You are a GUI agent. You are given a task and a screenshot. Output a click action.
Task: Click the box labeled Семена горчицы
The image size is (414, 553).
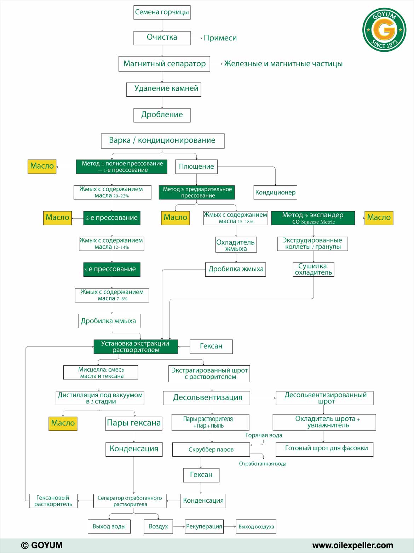pos(162,12)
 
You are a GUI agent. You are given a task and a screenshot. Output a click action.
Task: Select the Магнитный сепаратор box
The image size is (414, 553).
pos(164,64)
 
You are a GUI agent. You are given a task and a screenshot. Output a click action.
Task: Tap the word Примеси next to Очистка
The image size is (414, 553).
pos(220,38)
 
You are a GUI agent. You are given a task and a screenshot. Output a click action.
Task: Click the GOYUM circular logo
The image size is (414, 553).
pos(384,30)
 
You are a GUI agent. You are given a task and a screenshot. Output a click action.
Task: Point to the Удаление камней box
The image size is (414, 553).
pos(163,89)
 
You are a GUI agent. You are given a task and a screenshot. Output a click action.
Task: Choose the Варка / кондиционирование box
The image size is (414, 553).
pos(162,141)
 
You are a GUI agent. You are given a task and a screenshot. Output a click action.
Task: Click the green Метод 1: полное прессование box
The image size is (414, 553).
pos(121,167)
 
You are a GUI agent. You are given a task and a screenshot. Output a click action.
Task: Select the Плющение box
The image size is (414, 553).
pos(196,167)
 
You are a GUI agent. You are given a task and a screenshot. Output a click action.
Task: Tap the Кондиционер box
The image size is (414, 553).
pos(275,192)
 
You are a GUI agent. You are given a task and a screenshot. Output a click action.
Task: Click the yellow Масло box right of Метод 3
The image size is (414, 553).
pos(379,218)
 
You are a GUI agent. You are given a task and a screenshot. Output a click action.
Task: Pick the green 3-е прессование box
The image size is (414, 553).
pos(112,270)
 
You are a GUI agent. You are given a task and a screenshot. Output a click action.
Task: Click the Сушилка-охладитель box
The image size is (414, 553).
pos(314,270)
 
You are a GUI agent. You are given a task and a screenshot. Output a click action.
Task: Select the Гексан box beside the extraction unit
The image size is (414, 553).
pos(211,347)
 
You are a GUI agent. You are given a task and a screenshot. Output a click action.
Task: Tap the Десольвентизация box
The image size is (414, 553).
pos(207,398)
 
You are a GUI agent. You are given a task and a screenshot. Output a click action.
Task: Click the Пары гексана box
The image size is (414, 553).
pos(134,424)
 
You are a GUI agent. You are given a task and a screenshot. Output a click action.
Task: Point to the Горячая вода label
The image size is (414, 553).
pos(264,435)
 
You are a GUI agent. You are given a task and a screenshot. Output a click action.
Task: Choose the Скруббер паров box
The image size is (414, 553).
pos(211,450)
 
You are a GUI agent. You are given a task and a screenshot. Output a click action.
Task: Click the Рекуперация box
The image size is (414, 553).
pos(204,526)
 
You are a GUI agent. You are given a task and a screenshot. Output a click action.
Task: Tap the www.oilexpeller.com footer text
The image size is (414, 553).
pos(353,546)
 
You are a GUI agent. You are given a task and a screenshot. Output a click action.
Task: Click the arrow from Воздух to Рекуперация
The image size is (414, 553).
pos(179,526)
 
